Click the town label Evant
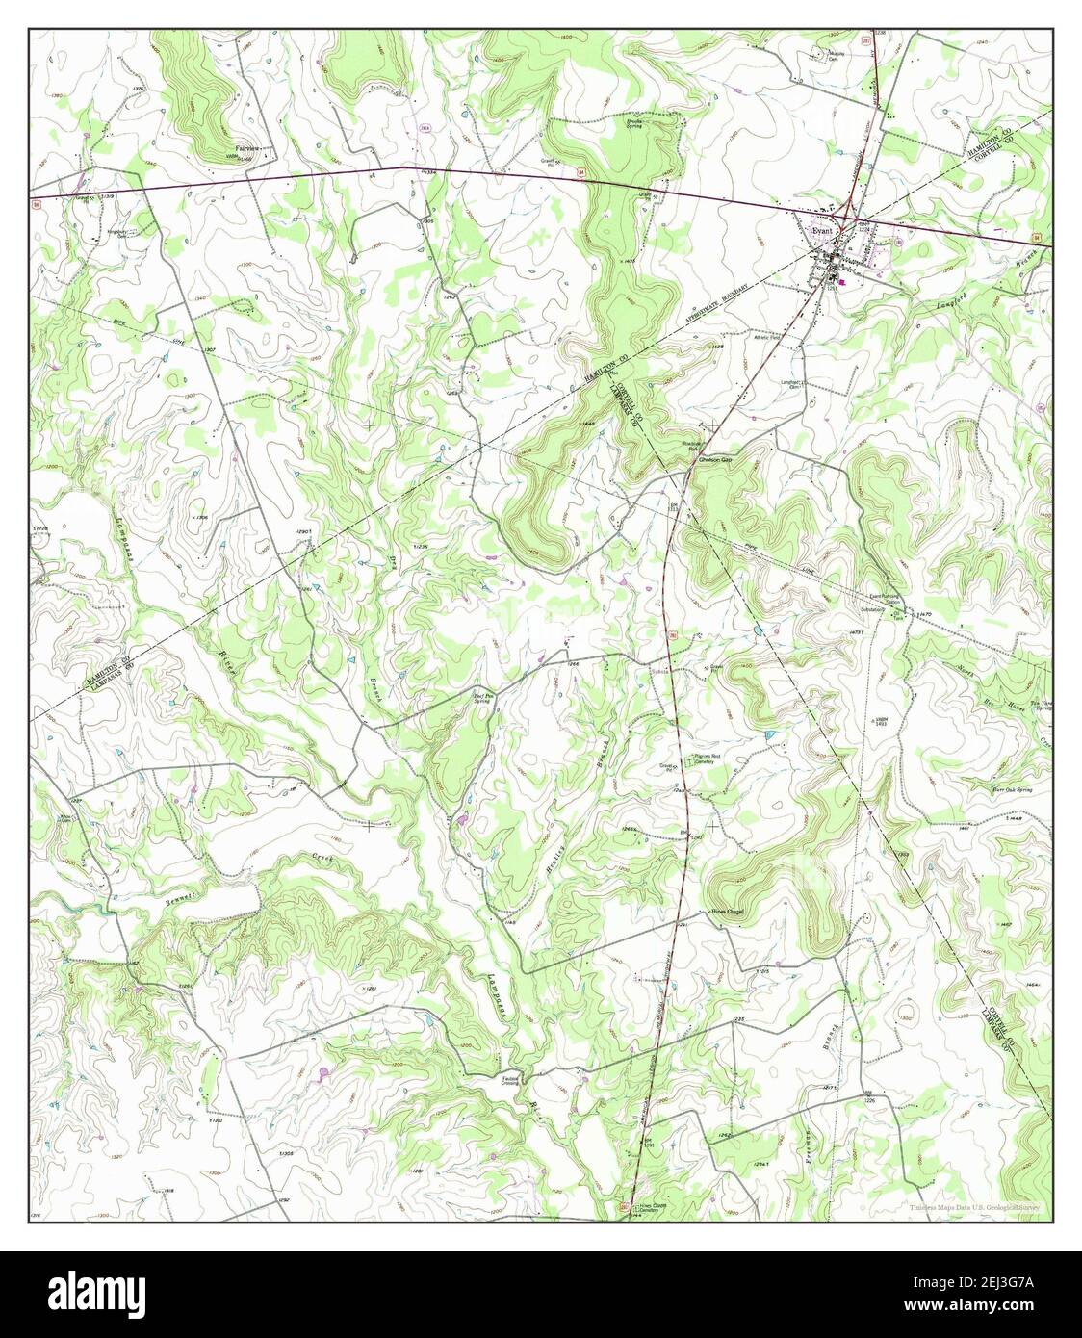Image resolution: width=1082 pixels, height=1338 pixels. tap(821, 231)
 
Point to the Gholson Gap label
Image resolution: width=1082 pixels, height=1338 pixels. tap(714, 460)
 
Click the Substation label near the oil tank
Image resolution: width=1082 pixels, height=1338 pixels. tap(873, 610)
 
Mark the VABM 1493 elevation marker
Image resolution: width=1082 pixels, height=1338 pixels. tap(878, 721)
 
